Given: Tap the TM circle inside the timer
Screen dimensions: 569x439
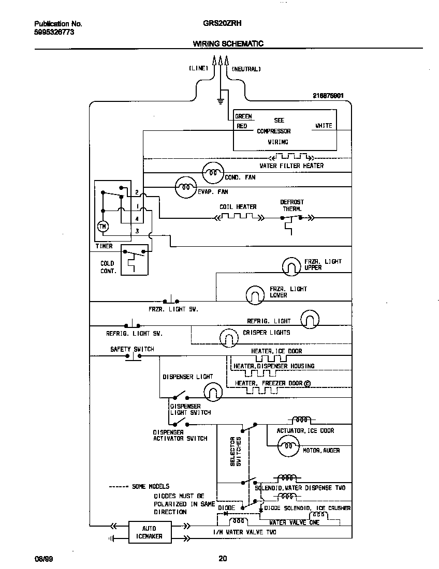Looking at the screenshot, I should tap(102, 226).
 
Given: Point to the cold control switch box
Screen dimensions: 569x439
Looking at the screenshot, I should tap(134, 260).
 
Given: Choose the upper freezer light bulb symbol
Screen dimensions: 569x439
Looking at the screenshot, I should tap(292, 266).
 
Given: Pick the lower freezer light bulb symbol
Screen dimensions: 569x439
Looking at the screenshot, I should tap(255, 294).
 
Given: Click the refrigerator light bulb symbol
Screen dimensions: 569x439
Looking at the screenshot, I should tap(310, 319).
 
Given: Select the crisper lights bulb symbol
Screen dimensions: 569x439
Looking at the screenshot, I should tap(228, 338).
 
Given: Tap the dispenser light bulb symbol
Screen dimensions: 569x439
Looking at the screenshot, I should tap(211, 392).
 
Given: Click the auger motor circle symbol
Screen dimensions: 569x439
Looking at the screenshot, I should tap(288, 445).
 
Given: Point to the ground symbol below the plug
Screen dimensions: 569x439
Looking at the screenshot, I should tap(221, 99).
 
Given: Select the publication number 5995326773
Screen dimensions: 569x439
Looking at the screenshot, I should tap(54, 32).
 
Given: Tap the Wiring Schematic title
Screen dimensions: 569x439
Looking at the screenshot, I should tap(228, 43).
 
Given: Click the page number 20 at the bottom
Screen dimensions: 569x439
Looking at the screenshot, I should tap(222, 559).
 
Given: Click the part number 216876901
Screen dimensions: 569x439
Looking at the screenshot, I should tap(328, 96).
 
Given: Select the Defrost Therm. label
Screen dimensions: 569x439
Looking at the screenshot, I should tap(292, 205).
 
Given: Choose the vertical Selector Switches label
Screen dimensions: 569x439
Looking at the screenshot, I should tap(236, 451).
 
